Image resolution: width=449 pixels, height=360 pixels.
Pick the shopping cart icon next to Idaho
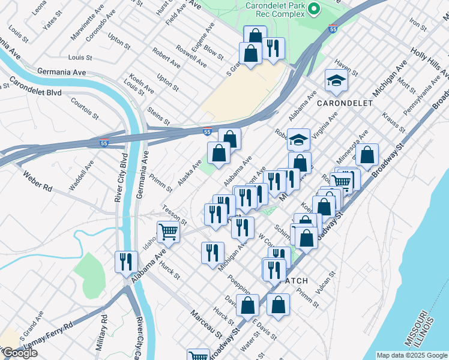[169, 231]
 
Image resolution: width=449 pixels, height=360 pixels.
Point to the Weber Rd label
[37, 181]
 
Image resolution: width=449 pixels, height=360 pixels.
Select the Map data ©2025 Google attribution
[411, 355]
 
